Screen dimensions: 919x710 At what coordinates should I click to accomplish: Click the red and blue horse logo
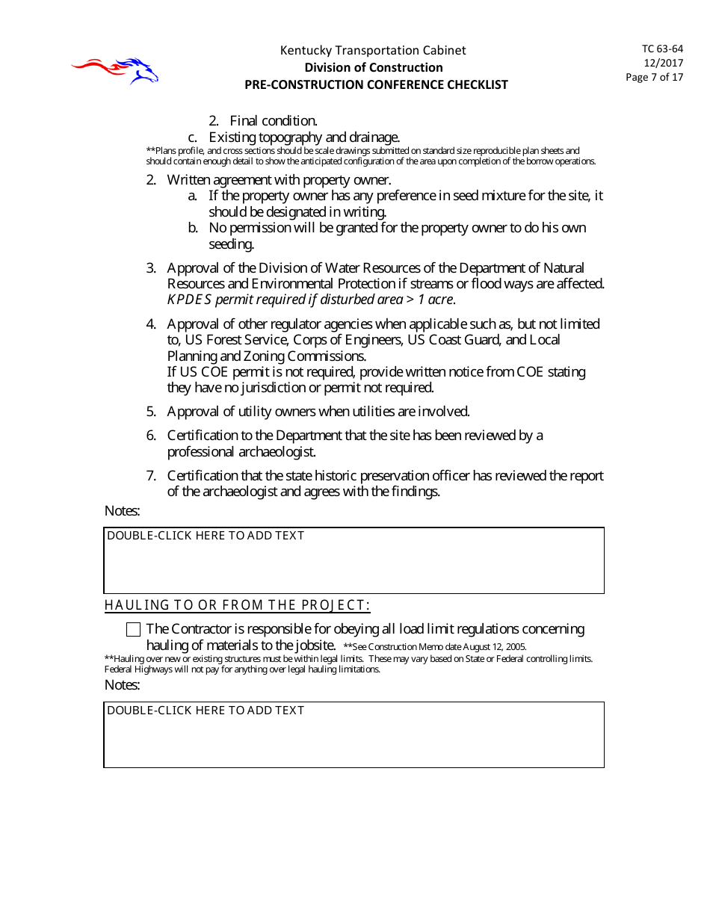point(116,70)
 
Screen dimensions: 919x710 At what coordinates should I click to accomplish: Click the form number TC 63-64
point(662,49)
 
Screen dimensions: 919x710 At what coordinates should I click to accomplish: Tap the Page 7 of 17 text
point(654,77)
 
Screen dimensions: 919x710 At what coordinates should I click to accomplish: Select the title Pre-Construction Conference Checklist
point(376,84)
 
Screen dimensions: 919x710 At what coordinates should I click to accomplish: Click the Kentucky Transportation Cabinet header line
point(373,50)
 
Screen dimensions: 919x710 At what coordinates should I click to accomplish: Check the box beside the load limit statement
point(134,629)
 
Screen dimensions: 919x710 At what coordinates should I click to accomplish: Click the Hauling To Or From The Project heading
point(237,605)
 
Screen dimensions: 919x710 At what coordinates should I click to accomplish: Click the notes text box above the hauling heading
point(354,560)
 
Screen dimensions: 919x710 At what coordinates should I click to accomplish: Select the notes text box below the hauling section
point(354,734)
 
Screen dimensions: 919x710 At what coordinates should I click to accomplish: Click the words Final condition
point(274,120)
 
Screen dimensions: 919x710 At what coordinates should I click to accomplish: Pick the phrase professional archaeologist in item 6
point(241,451)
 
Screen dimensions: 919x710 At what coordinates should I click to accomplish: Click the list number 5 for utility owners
point(150,412)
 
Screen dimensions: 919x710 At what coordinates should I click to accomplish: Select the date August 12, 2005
point(495,647)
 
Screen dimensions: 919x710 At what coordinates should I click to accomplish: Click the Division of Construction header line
point(373,67)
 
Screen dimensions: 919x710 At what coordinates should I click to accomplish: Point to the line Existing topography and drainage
point(304,137)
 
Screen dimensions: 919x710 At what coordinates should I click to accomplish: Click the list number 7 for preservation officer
point(150,476)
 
